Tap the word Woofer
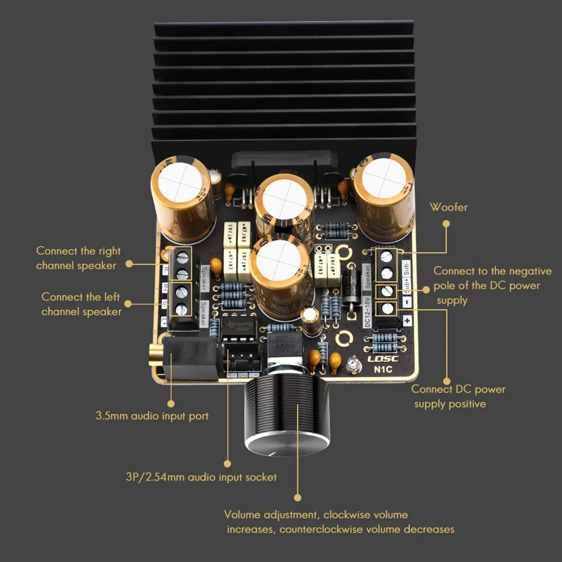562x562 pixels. coord(448,207)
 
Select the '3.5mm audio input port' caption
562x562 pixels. coord(152,416)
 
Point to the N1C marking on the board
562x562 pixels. coord(383,369)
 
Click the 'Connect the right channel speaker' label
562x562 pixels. coord(78,258)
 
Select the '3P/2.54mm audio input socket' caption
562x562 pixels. coord(201,477)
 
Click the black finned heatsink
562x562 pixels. coord(284,84)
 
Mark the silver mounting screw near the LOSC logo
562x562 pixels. coord(353,366)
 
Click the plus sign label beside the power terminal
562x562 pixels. coord(406,320)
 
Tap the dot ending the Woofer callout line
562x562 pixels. coord(446,223)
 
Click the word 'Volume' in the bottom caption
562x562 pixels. coord(242,515)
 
